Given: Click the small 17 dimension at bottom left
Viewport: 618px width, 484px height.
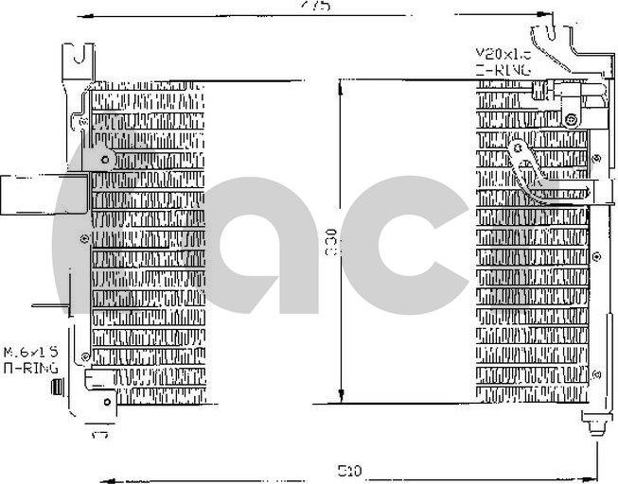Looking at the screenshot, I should [x=98, y=436].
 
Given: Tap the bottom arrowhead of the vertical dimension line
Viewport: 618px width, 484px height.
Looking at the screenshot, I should [x=342, y=397].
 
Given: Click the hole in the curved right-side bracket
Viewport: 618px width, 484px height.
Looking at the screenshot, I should [x=518, y=147].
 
